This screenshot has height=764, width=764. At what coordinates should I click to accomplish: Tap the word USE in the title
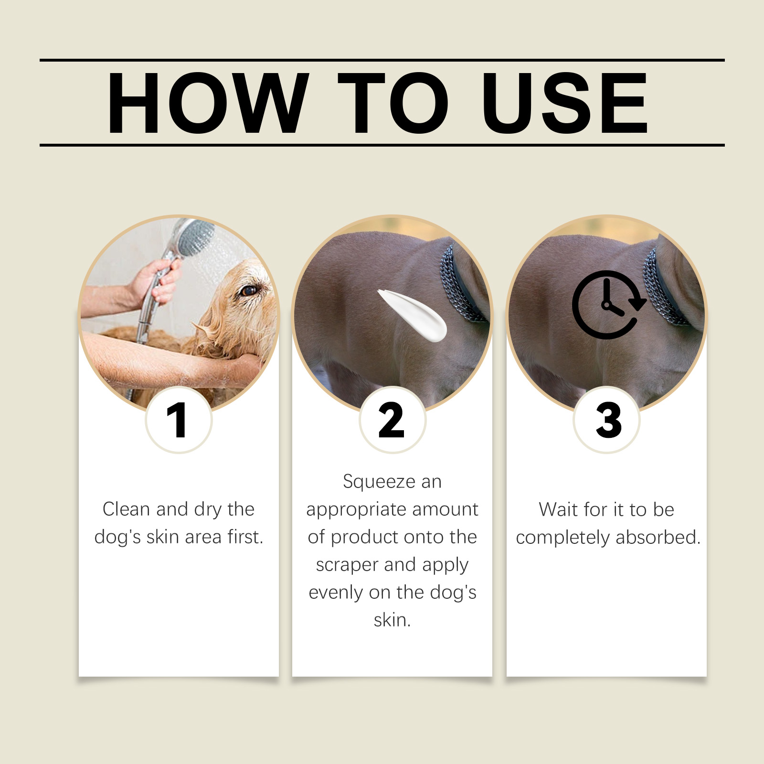tap(565, 103)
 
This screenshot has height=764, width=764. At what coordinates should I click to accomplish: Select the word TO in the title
tap(393, 103)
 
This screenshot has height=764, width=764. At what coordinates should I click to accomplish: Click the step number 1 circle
tap(178, 420)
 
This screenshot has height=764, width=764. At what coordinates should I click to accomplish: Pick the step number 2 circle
tap(392, 420)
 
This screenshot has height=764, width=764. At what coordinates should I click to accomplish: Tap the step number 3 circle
tap(606, 420)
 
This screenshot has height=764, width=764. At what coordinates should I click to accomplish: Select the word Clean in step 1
tap(126, 509)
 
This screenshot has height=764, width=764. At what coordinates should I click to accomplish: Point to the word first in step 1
tap(245, 537)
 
